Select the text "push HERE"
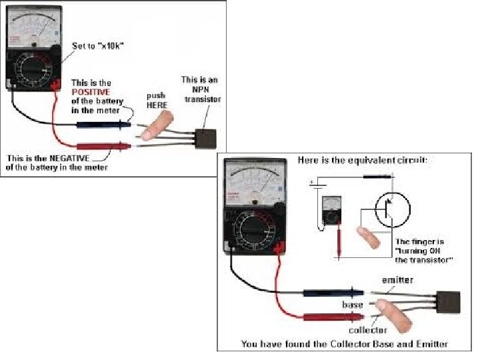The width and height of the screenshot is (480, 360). click(x=157, y=100)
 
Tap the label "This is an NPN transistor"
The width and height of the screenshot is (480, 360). click(x=200, y=89)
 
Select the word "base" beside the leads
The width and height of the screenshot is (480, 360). click(x=353, y=305)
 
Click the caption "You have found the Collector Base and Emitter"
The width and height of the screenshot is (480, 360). click(x=344, y=344)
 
